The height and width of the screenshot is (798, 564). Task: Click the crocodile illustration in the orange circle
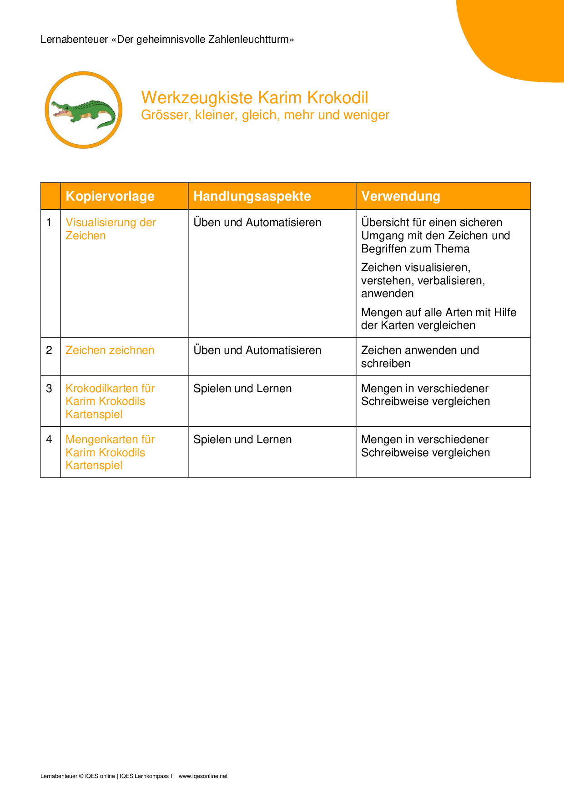click(x=83, y=111)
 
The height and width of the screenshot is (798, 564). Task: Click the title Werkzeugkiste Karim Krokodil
click(x=254, y=98)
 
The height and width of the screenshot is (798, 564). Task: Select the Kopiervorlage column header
click(x=110, y=196)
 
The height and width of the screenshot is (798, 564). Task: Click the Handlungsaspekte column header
click(x=252, y=196)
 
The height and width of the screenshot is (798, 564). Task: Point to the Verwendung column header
click(x=400, y=196)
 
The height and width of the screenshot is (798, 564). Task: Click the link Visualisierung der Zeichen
click(x=111, y=229)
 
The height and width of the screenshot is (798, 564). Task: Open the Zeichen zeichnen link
click(x=110, y=350)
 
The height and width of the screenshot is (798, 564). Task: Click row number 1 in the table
click(x=49, y=222)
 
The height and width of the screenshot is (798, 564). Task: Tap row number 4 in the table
click(x=49, y=439)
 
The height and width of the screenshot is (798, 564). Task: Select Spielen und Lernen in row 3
click(x=242, y=389)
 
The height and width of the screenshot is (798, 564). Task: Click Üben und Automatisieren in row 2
click(x=257, y=350)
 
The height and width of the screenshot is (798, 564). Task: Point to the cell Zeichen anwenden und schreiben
click(x=420, y=357)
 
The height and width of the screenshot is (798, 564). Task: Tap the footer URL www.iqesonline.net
click(x=203, y=776)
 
